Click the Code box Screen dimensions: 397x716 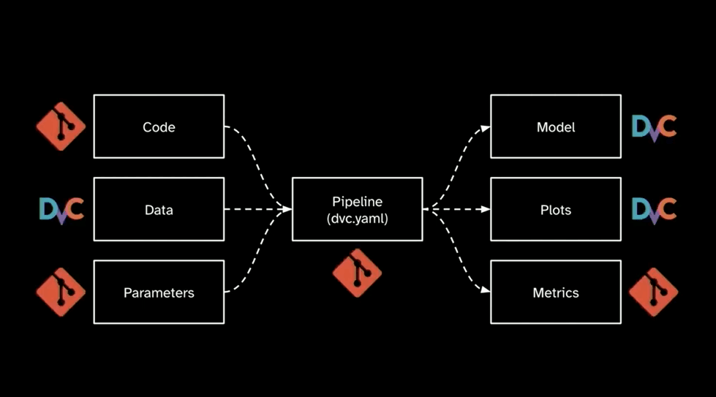(x=159, y=126)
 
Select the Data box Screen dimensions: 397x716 (x=159, y=210)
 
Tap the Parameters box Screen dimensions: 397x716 (x=159, y=292)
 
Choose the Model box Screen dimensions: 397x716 (x=556, y=126)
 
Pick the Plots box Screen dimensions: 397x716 (x=556, y=210)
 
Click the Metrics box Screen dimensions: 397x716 (x=556, y=292)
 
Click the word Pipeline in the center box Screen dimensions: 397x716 (x=357, y=202)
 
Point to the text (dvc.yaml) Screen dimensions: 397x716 (x=357, y=218)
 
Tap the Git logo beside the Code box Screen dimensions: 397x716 (x=61, y=126)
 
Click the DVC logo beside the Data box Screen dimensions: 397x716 (x=61, y=210)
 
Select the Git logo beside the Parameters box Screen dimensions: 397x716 (x=61, y=292)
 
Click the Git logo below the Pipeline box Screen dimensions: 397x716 (x=357, y=273)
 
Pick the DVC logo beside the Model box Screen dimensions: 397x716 (x=654, y=126)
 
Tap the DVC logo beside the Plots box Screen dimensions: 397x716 (x=654, y=210)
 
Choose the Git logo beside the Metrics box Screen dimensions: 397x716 (x=654, y=292)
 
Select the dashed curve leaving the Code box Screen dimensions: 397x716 (x=252, y=154)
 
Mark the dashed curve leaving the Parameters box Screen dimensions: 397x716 (x=252, y=267)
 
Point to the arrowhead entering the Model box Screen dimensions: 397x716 (x=486, y=127)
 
